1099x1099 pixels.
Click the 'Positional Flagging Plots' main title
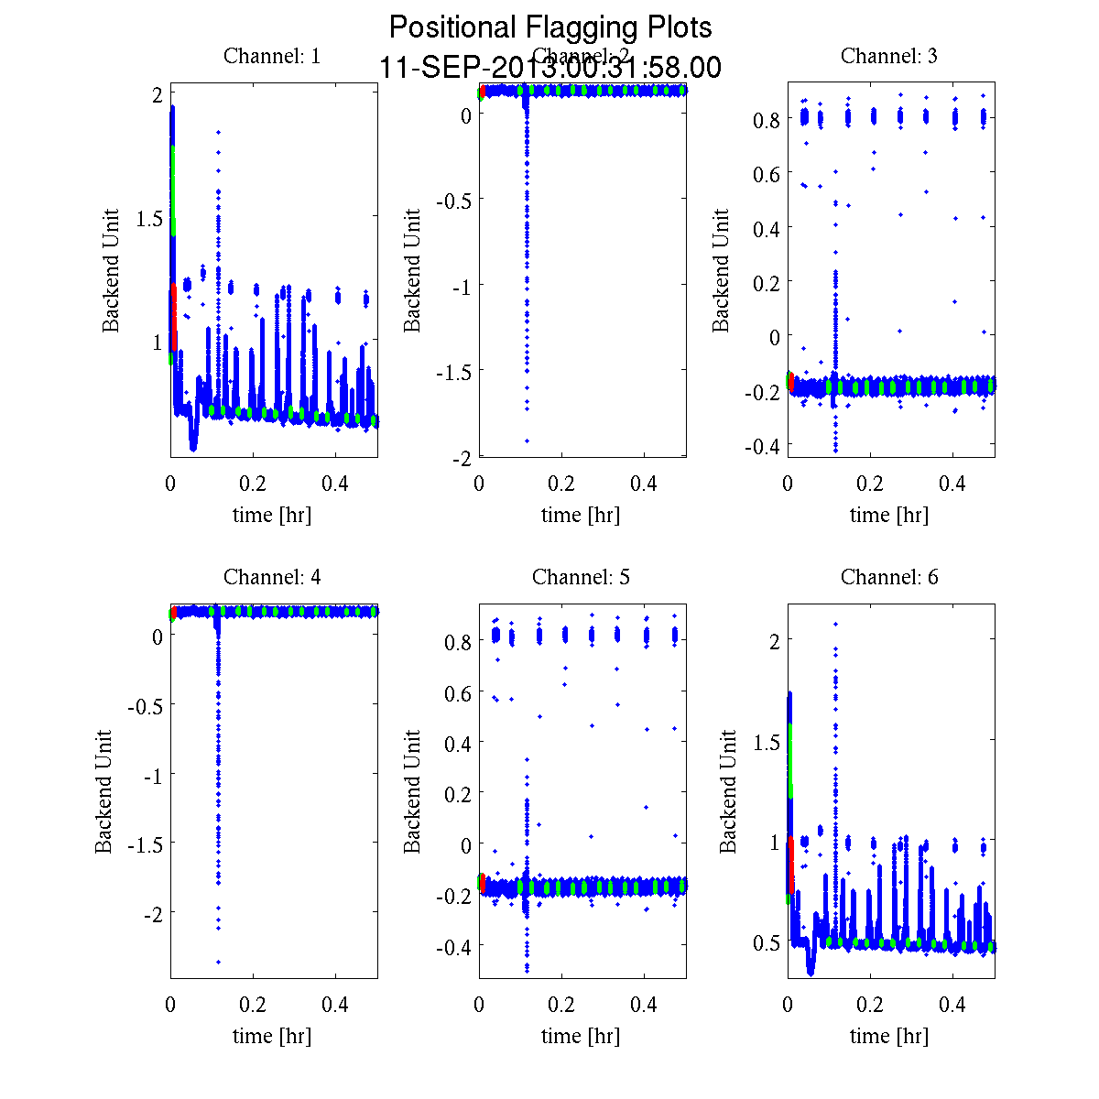[549, 27]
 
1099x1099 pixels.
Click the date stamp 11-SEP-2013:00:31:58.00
[549, 68]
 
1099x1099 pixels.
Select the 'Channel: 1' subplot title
[272, 56]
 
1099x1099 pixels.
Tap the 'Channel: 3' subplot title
[888, 56]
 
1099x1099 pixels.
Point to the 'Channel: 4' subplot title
[272, 577]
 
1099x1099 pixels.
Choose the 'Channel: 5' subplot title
[581, 577]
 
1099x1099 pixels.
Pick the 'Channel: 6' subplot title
[888, 577]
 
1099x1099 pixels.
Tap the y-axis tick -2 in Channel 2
[461, 458]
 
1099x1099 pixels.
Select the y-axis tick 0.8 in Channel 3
[767, 119]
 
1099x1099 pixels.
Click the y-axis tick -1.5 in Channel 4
[138, 843]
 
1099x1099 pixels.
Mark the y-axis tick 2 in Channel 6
[775, 639]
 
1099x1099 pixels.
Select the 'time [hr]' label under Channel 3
[888, 515]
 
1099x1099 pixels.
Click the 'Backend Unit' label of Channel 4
[103, 791]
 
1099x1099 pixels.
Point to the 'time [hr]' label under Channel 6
[888, 1036]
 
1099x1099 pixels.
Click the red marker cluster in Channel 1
[173, 316]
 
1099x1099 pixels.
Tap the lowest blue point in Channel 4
[218, 962]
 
